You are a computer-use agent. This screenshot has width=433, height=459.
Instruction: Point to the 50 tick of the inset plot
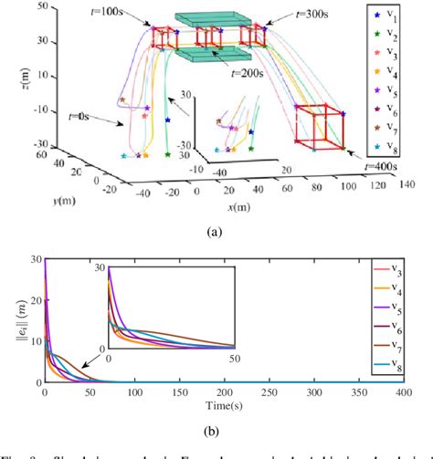(235, 357)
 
